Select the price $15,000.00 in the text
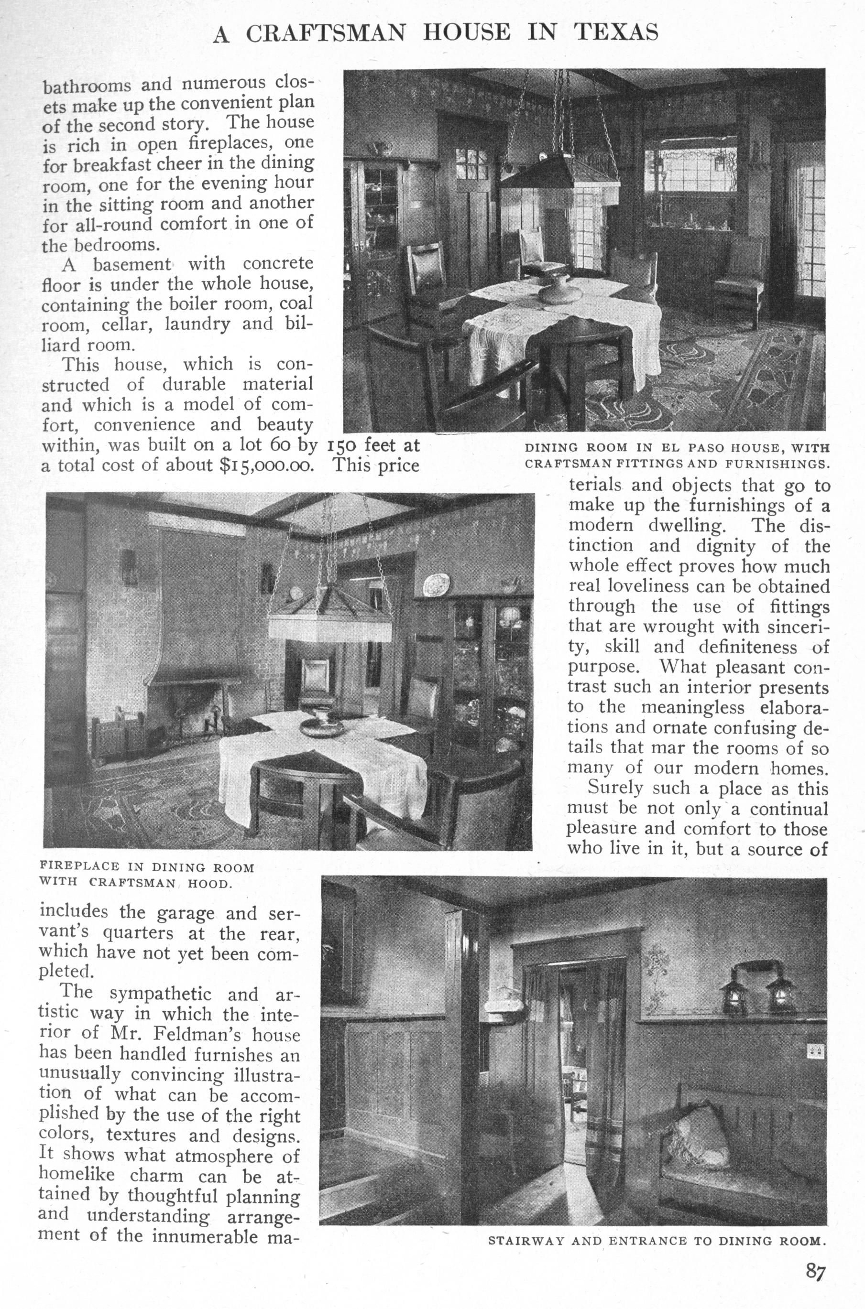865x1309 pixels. point(266,465)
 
